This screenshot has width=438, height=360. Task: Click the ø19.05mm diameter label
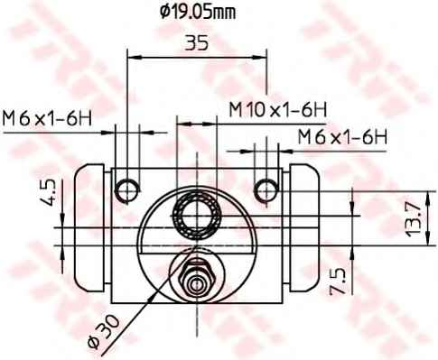click(197, 13)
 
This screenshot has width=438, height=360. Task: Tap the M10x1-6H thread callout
click(276, 109)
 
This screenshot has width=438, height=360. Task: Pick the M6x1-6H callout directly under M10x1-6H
click(342, 137)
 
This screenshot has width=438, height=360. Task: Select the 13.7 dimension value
click(413, 219)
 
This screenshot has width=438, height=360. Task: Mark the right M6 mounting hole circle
click(266, 188)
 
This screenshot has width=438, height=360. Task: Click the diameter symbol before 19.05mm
click(164, 13)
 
